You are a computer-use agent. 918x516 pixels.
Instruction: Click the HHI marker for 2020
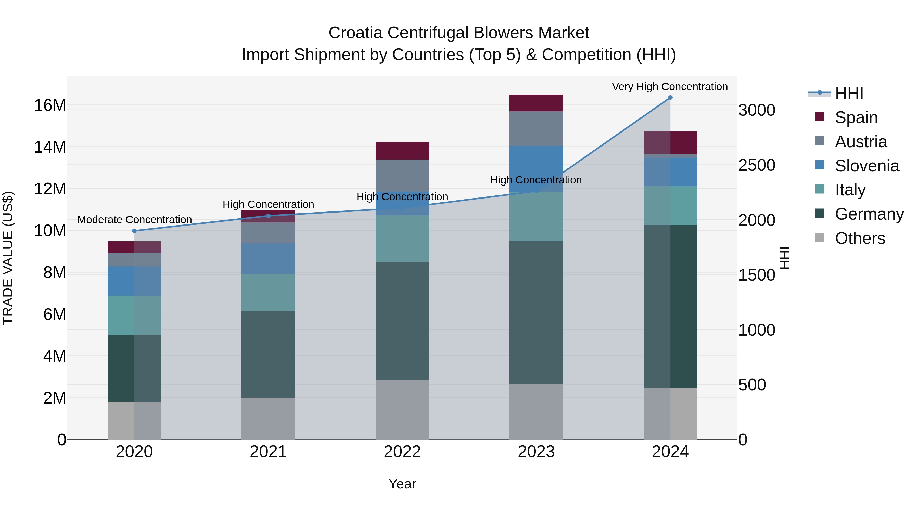134,231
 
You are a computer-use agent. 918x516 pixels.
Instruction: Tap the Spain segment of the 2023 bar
536,103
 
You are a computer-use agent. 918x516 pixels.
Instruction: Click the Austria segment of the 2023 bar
536,129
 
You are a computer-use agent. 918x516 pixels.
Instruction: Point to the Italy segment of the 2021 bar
268,292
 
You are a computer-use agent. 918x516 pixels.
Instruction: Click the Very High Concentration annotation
670,87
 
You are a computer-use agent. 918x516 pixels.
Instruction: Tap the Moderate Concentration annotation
134,220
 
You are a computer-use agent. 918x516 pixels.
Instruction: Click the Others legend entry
860,238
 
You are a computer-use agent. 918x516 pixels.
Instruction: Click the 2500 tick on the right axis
757,165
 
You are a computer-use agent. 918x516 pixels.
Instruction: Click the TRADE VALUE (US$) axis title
8,258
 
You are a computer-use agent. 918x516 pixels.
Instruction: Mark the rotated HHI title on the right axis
784,258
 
